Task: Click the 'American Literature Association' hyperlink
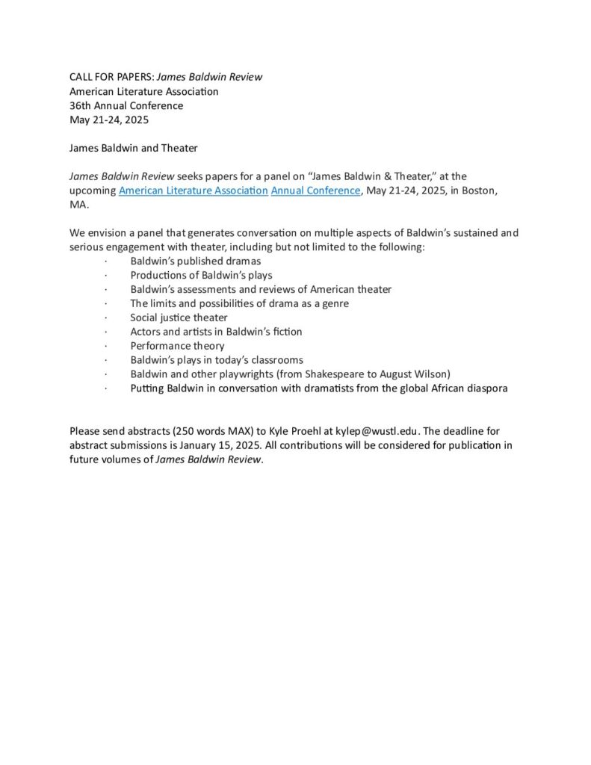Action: (x=193, y=191)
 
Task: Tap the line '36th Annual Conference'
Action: (x=126, y=106)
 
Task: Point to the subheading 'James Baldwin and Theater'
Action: (x=133, y=148)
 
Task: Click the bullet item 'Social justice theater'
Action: (x=179, y=318)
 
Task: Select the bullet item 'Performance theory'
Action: (x=177, y=346)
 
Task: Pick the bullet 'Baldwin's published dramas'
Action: (x=195, y=261)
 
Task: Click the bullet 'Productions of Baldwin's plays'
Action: (x=201, y=275)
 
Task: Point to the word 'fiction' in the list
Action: (x=287, y=332)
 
